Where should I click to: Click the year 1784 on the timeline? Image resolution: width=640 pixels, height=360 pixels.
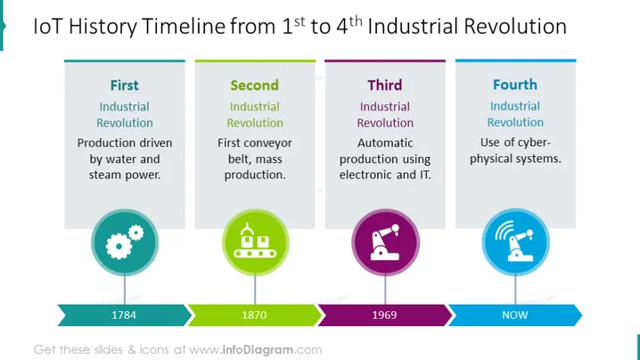tap(124, 315)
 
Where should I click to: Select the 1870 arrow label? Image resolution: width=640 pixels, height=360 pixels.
tap(254, 315)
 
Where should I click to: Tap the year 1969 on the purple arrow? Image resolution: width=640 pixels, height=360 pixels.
tap(384, 315)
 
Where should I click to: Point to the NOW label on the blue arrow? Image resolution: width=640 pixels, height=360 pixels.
tap(515, 315)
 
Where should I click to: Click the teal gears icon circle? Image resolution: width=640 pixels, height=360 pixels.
tap(125, 242)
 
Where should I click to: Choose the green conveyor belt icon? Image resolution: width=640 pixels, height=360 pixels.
tap(256, 242)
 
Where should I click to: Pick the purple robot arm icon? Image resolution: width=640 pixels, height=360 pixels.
tap(385, 242)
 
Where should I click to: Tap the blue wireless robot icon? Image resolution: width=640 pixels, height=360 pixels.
tap(515, 242)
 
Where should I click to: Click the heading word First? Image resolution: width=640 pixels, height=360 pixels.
tap(125, 86)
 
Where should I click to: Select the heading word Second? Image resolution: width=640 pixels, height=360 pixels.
tap(254, 86)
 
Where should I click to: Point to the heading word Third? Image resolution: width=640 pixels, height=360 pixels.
tap(385, 86)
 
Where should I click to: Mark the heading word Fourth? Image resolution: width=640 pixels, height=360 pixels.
tap(515, 85)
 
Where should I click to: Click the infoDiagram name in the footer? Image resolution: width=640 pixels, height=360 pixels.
tap(258, 350)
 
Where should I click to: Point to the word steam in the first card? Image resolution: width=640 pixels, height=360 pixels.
tap(104, 176)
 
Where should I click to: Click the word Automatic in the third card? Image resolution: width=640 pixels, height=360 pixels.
tap(385, 143)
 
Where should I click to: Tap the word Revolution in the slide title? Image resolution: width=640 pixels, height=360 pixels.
tap(515, 27)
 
